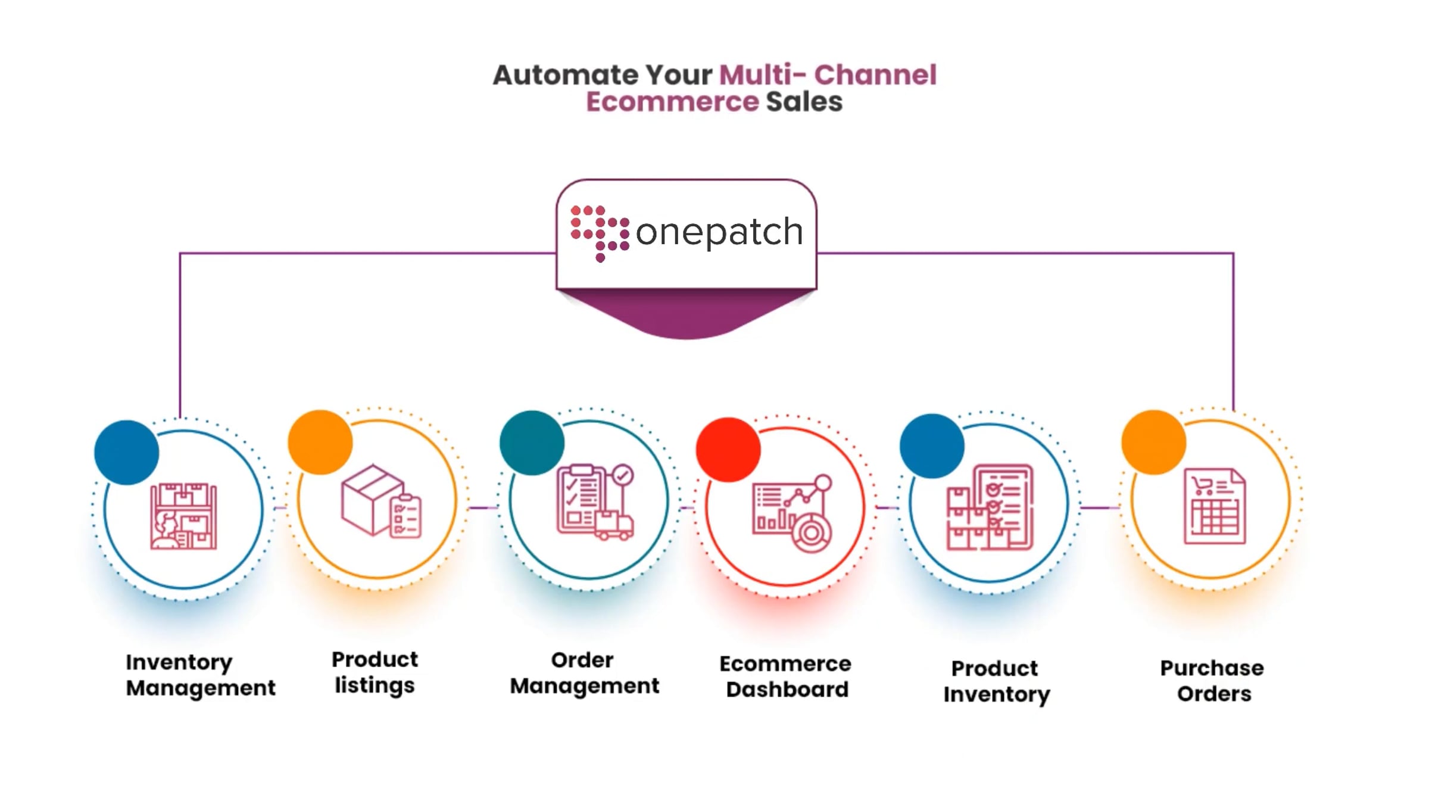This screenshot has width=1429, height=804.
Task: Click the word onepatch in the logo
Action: pyautogui.click(x=719, y=232)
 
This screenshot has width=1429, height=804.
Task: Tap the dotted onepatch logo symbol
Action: pyautogui.click(x=600, y=233)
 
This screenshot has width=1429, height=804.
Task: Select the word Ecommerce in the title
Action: pyautogui.click(x=672, y=102)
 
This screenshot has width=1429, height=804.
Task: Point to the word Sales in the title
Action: pyautogui.click(x=804, y=102)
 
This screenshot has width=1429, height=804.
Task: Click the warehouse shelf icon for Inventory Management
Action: pyautogui.click(x=183, y=516)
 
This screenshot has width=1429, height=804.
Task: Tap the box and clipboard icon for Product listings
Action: pyautogui.click(x=381, y=501)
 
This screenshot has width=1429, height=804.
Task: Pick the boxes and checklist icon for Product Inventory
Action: pyautogui.click(x=990, y=507)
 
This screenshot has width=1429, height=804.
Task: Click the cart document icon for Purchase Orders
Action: pyautogui.click(x=1214, y=506)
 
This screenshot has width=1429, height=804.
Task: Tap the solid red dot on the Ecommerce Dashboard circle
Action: pyautogui.click(x=728, y=450)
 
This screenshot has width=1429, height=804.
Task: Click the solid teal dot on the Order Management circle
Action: pyautogui.click(x=532, y=442)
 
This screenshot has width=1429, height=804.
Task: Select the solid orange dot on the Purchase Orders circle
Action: pyautogui.click(x=1153, y=442)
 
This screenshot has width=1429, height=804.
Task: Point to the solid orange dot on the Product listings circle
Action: pyautogui.click(x=320, y=442)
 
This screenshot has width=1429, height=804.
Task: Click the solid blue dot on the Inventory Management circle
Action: pyautogui.click(x=126, y=453)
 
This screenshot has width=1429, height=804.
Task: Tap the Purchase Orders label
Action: pyautogui.click(x=1213, y=681)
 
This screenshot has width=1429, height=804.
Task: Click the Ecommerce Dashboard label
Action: pyautogui.click(x=786, y=677)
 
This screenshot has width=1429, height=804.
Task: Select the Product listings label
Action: pyautogui.click(x=375, y=673)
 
